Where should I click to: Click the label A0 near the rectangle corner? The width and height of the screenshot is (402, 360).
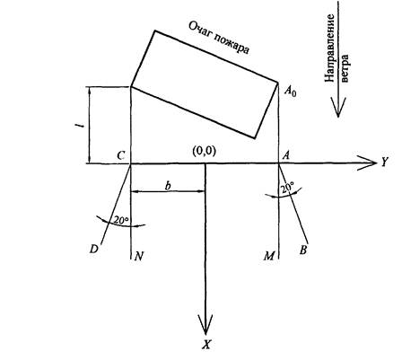(290, 91)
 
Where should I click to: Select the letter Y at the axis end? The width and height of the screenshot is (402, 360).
(384, 162)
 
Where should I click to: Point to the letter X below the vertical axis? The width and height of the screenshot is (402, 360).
(205, 345)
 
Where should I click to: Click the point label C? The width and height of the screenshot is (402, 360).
(120, 155)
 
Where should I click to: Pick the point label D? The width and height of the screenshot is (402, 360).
(94, 249)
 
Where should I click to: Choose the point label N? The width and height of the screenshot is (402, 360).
(139, 256)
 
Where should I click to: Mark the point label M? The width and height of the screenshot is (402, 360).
(269, 256)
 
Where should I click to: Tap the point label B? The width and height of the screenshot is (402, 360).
(303, 250)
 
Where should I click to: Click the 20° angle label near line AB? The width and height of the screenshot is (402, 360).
(287, 188)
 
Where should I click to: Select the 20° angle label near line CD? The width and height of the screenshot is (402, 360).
(121, 220)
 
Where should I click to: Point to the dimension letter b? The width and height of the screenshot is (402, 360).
(169, 186)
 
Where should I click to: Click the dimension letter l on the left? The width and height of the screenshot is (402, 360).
(79, 127)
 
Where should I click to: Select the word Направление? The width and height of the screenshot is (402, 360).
(329, 48)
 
